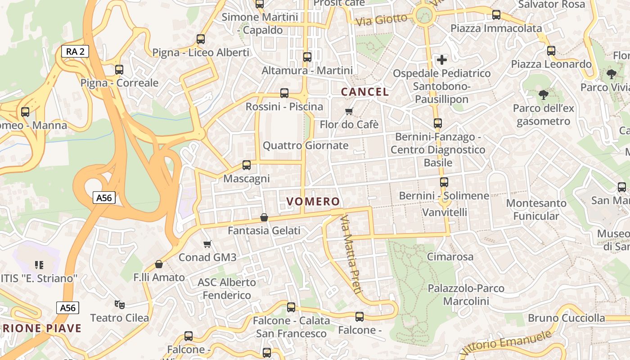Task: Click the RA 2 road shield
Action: point(75,51)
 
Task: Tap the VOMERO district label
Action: point(313,202)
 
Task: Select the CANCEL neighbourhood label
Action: point(364,92)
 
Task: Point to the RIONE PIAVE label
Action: point(41,328)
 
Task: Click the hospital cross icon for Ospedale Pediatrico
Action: point(442,59)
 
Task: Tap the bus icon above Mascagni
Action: point(247,165)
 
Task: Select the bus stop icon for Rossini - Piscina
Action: point(284,93)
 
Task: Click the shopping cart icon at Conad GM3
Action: point(207,244)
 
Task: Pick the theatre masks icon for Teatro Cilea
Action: point(119,305)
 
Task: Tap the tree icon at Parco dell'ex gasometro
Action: point(544,94)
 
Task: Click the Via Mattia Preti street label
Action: point(351,255)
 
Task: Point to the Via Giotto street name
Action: point(381,20)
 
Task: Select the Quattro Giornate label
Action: point(306,145)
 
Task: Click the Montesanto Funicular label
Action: point(536,210)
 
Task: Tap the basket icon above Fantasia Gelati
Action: point(264,218)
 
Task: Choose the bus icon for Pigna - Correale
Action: point(119,70)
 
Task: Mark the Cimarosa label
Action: point(450,257)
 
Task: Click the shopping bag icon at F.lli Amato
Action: point(158,264)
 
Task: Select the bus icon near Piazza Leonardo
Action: point(551,51)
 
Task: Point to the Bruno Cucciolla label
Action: point(566,318)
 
